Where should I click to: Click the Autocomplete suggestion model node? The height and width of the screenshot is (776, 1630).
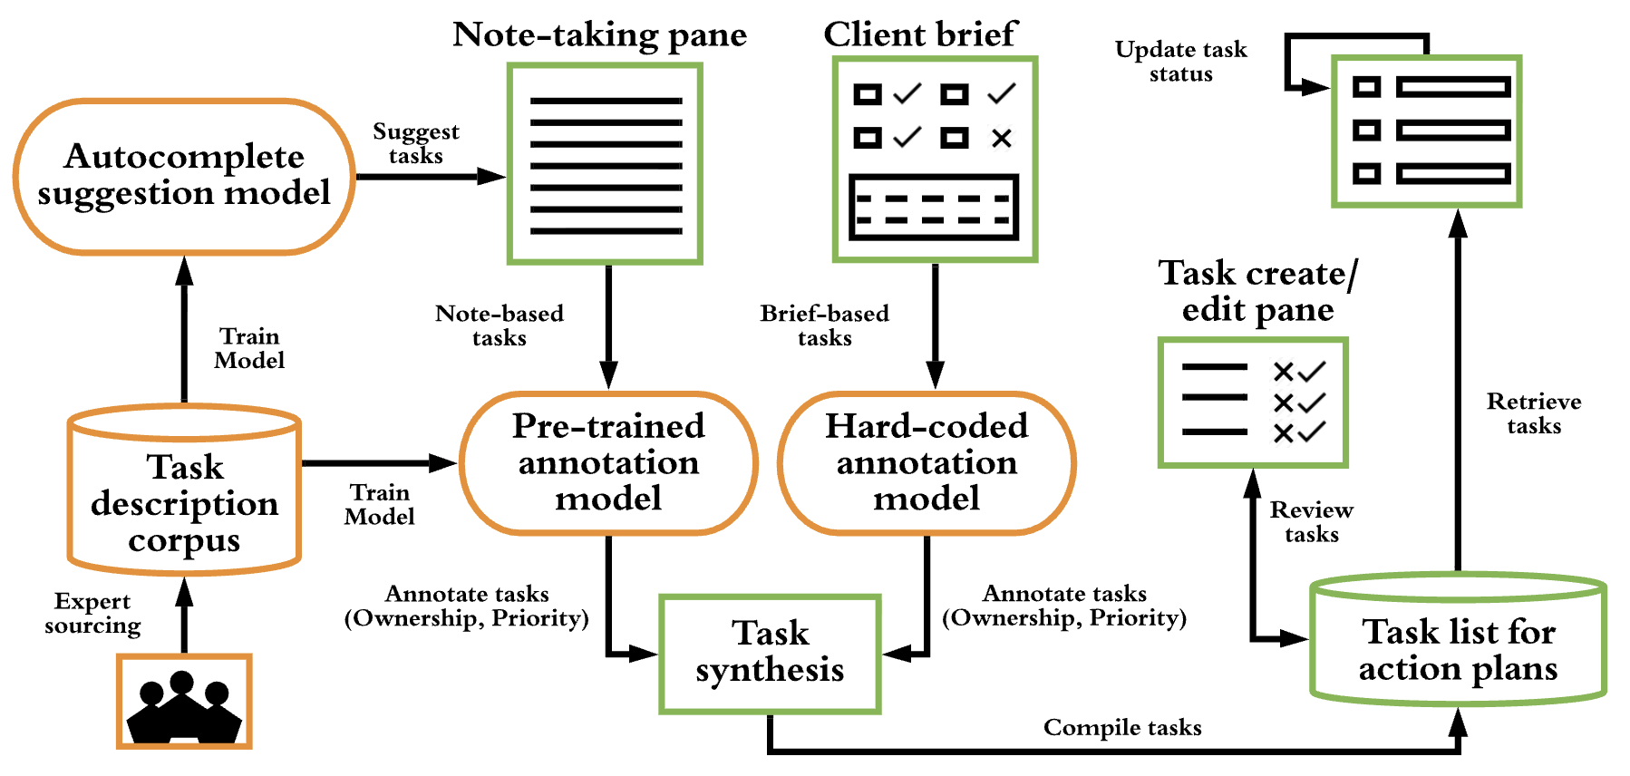point(184,176)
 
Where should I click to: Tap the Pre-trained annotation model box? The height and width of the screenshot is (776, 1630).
point(608,462)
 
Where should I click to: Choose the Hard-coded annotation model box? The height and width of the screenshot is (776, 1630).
point(926,462)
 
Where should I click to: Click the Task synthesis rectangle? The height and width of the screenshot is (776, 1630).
point(770,653)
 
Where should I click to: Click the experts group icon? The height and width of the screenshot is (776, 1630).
point(184,703)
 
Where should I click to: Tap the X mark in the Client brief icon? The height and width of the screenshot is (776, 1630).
point(1001,138)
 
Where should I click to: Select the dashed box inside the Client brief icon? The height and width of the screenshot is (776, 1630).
point(934,209)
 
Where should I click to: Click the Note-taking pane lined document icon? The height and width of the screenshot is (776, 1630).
point(605,164)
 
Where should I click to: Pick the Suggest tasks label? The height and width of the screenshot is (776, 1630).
point(415,144)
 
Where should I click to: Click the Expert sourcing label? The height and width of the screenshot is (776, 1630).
point(92,614)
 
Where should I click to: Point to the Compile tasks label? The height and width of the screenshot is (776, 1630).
point(1122,728)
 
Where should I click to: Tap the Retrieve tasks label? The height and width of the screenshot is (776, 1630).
point(1534,413)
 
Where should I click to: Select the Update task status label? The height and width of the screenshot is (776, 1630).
point(1180,62)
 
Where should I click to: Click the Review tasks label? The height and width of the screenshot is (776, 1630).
point(1311,522)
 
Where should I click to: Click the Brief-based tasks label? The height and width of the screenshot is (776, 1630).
point(824,325)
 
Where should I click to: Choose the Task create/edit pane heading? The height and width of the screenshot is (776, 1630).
point(1257,291)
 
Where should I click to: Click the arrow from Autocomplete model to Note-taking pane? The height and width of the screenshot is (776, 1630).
point(430,177)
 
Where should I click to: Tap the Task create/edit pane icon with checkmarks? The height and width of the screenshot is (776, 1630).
point(1253,403)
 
